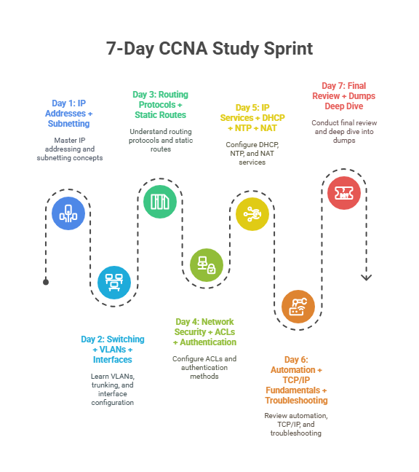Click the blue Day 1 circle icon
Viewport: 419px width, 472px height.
click(x=68, y=213)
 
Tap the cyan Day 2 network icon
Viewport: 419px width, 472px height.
click(x=114, y=283)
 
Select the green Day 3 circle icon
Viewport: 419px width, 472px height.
click(x=160, y=202)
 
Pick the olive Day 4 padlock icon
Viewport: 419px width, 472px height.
click(x=207, y=265)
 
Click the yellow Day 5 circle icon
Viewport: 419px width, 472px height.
click(x=252, y=214)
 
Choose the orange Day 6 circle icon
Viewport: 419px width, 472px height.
click(x=298, y=307)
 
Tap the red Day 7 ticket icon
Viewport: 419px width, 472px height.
click(x=344, y=193)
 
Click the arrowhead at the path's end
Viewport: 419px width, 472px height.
click(x=366, y=278)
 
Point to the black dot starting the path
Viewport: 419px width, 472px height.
click(x=46, y=282)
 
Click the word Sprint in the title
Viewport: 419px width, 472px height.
click(x=288, y=49)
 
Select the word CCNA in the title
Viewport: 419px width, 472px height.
click(x=183, y=49)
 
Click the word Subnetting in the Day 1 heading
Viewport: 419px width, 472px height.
click(x=69, y=124)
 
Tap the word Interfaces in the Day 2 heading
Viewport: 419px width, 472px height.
click(x=113, y=359)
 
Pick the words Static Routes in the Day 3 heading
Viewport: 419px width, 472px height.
click(x=161, y=115)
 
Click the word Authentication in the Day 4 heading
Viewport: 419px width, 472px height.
click(x=208, y=342)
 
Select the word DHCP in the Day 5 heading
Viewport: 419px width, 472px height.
click(x=274, y=118)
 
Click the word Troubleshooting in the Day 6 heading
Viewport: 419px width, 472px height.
click(x=296, y=401)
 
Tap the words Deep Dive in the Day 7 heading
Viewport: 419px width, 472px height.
click(x=344, y=106)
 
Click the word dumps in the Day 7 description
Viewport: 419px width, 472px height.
click(x=344, y=141)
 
